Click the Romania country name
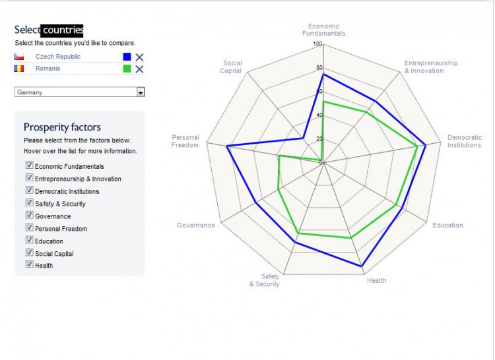(x=48, y=69)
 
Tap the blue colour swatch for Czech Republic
(x=127, y=57)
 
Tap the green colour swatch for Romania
(x=127, y=69)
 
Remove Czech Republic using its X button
(x=139, y=57)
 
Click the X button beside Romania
(x=139, y=69)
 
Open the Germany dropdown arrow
(x=140, y=92)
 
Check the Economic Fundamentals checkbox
(x=29, y=165)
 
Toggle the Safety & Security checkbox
(x=29, y=203)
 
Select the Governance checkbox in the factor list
(x=29, y=216)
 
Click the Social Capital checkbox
(x=29, y=253)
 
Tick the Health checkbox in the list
(x=29, y=265)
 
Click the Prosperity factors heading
(x=62, y=127)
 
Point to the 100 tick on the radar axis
(x=317, y=45)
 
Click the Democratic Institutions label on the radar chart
(x=464, y=141)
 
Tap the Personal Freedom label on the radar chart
(x=185, y=141)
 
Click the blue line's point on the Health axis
(x=362, y=266)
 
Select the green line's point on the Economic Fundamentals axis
(x=323, y=102)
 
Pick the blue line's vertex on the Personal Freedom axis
(x=226, y=146)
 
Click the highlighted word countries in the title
(x=62, y=30)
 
